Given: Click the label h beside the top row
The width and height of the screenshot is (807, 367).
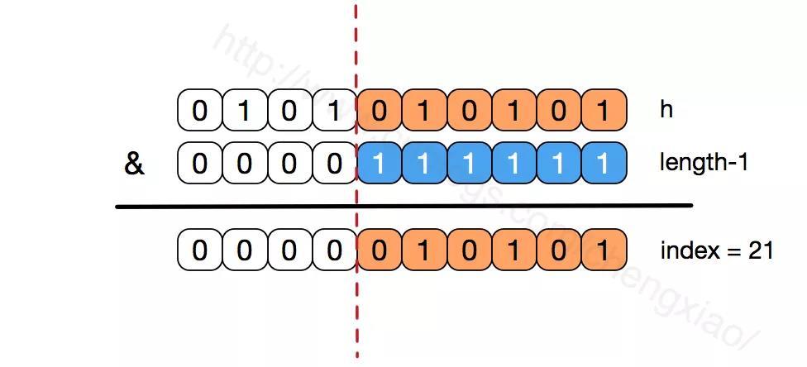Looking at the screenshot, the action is pyautogui.click(x=666, y=110).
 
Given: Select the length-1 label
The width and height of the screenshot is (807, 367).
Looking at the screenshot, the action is pyautogui.click(x=704, y=162).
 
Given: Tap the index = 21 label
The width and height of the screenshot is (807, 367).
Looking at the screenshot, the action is pyautogui.click(x=716, y=250).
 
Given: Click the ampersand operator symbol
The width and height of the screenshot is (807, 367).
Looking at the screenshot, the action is pyautogui.click(x=134, y=164).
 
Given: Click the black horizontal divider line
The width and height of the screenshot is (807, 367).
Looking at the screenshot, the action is pyautogui.click(x=403, y=206).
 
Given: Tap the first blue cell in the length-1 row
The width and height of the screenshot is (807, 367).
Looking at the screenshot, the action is pyautogui.click(x=379, y=163).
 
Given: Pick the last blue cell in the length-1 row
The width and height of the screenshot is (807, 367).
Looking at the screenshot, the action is pyautogui.click(x=604, y=163).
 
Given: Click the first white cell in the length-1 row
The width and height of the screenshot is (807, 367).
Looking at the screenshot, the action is pyautogui.click(x=199, y=163).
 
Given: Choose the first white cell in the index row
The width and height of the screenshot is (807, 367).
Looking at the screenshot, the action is pyautogui.click(x=199, y=250).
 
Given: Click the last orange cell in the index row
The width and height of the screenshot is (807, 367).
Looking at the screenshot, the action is pyautogui.click(x=604, y=250).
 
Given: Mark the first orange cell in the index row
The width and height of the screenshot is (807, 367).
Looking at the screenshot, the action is pyautogui.click(x=379, y=250).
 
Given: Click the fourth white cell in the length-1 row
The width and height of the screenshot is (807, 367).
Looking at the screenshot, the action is pyautogui.click(x=333, y=163).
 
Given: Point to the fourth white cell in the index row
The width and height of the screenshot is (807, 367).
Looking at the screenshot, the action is pyautogui.click(x=333, y=250).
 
